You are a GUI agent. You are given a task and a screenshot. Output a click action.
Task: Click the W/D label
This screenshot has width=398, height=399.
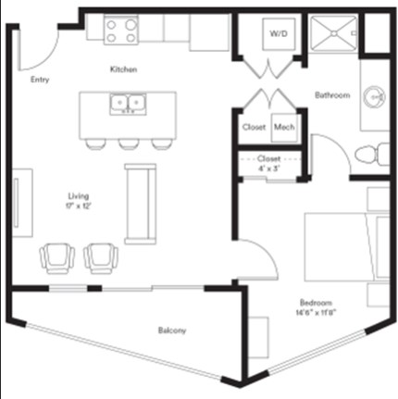(277, 33)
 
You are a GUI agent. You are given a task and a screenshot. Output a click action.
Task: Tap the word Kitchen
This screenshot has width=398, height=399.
(124, 70)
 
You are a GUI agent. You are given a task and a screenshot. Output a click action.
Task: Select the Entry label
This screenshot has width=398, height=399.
(39, 80)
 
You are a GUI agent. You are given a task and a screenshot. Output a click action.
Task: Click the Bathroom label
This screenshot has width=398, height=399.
(330, 95)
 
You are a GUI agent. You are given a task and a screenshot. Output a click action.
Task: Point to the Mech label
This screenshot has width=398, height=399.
(283, 127)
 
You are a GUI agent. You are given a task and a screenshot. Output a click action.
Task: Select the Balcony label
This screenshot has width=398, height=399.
(171, 330)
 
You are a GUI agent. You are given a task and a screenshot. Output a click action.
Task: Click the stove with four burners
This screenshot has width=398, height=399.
(121, 31)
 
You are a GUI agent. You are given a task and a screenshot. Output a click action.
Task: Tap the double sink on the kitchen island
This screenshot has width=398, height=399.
(128, 105)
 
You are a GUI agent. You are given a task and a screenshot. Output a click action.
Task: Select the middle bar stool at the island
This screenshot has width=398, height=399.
(128, 143)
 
